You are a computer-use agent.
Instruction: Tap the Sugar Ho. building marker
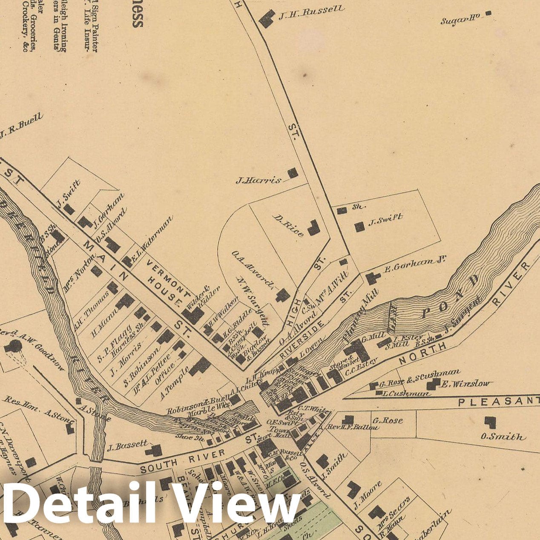488,14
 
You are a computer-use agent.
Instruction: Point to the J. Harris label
259,180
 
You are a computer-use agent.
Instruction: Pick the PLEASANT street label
498,401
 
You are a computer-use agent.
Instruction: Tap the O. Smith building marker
490,422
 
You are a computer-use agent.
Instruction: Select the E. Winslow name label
465,384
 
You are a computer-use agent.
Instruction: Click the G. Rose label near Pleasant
388,421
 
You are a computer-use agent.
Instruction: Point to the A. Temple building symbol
200,366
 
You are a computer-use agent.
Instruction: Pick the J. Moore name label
368,495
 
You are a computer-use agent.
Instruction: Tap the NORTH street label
422,353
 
